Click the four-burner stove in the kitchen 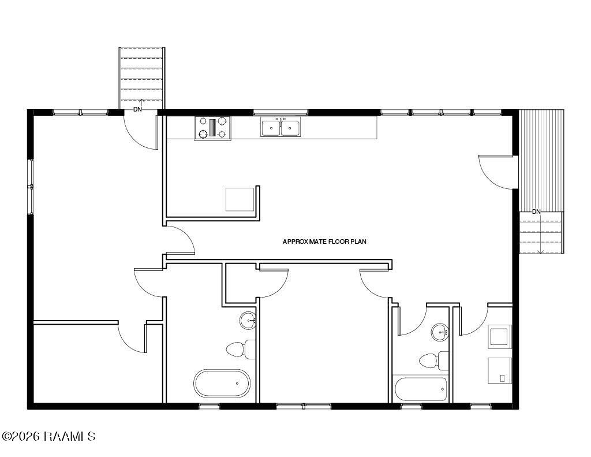pos(213,128)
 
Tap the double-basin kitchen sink pos(281,127)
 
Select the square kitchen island pos(240,199)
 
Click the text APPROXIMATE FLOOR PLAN pos(324,241)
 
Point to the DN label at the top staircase pos(137,109)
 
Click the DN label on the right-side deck pos(536,211)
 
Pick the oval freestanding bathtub pos(222,383)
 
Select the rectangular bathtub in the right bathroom pos(421,389)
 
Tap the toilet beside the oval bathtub pos(241,349)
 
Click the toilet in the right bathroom pos(434,361)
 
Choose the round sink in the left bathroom pos(249,321)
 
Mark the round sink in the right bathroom pos(440,332)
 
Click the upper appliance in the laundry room pos(500,337)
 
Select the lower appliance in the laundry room pos(500,370)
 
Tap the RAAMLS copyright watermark pos(48,437)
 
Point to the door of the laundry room pos(474,321)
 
